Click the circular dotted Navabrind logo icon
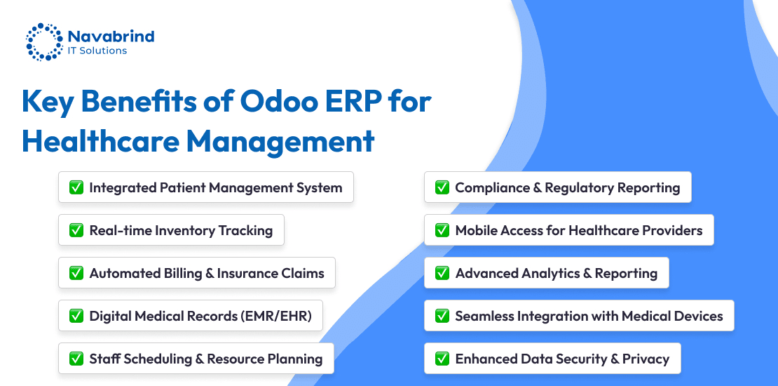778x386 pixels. pyautogui.click(x=45, y=41)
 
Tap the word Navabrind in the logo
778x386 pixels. pyautogui.click(x=111, y=36)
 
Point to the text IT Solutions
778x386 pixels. pyautogui.click(x=97, y=51)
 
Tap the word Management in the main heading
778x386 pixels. pyautogui.click(x=280, y=142)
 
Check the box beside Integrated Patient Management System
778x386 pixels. pyautogui.click(x=76, y=187)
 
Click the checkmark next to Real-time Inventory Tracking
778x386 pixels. pyautogui.click(x=76, y=230)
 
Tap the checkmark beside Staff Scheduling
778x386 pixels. pyautogui.click(x=76, y=358)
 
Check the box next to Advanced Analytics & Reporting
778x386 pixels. pyautogui.click(x=442, y=273)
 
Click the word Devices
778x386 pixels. pyautogui.click(x=698, y=316)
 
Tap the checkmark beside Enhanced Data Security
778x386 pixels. pyautogui.click(x=442, y=358)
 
